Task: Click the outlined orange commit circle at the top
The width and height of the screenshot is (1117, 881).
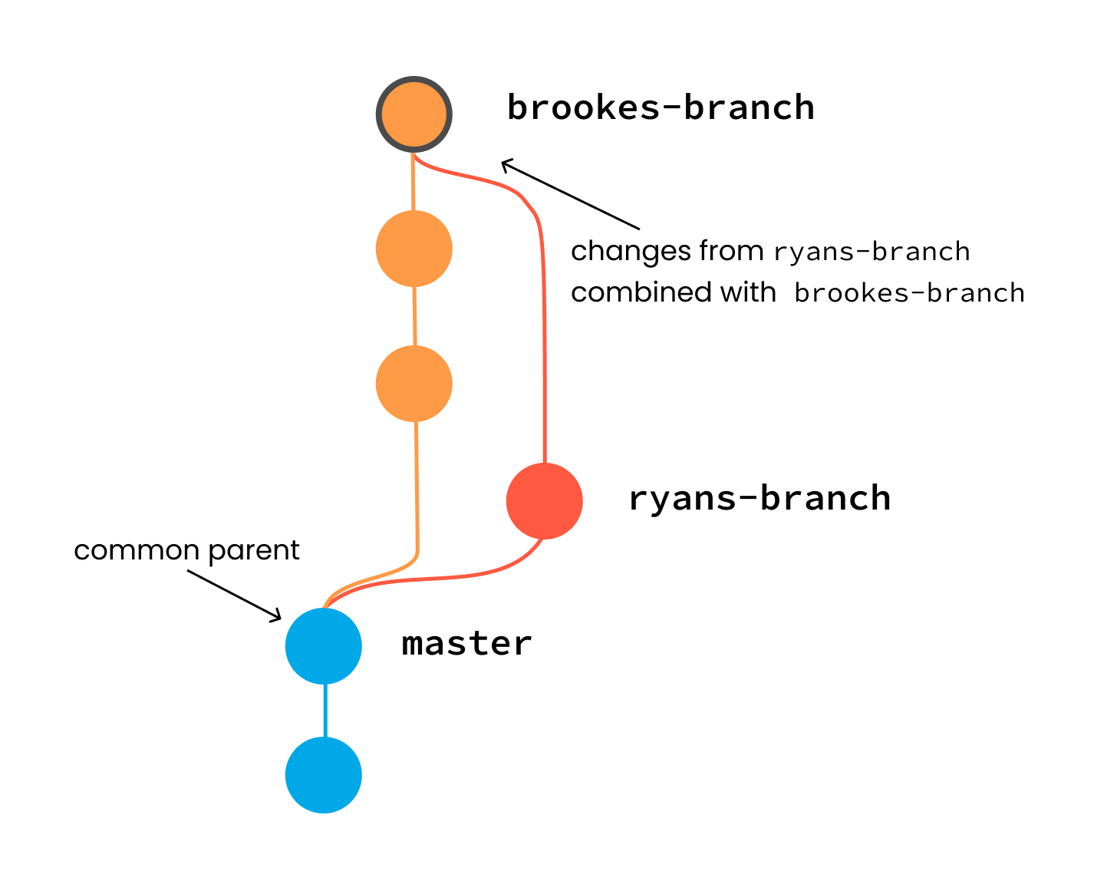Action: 414,114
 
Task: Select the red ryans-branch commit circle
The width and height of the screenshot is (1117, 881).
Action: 545,501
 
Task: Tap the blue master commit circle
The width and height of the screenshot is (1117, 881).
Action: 324,646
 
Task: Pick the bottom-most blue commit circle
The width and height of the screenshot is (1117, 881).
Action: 324,775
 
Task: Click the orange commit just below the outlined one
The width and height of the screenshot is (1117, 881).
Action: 414,249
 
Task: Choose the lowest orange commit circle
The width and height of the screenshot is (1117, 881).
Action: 414,384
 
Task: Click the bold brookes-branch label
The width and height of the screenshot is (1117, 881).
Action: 661,107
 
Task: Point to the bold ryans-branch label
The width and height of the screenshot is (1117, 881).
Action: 759,499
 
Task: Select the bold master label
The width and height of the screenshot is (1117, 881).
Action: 466,643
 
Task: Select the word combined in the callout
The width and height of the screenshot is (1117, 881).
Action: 631,292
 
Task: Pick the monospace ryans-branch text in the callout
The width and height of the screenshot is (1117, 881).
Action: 872,252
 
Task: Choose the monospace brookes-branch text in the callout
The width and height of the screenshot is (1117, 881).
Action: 909,293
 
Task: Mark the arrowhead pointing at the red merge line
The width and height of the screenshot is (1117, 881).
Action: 506,163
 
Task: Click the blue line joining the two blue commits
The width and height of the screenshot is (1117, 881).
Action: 325,711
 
